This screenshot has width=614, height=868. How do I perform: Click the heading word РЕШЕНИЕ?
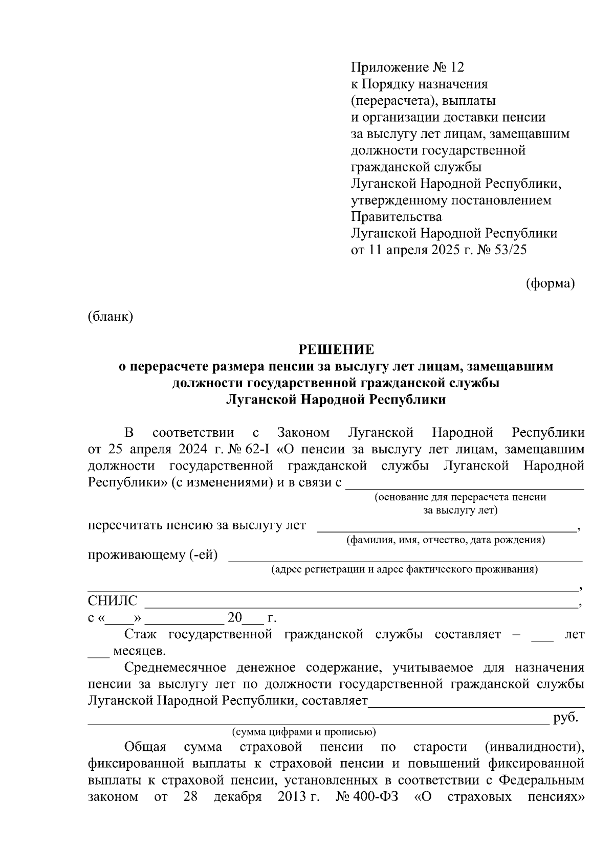click(336, 350)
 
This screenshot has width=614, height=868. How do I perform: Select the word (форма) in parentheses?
click(551, 283)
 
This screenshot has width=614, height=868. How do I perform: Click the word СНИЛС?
click(113, 601)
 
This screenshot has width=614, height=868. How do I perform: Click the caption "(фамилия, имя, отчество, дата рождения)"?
click(445, 540)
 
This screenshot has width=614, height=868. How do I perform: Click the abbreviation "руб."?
click(566, 718)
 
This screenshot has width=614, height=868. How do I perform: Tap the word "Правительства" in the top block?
click(397, 217)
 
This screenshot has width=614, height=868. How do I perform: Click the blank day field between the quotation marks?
click(119, 622)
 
